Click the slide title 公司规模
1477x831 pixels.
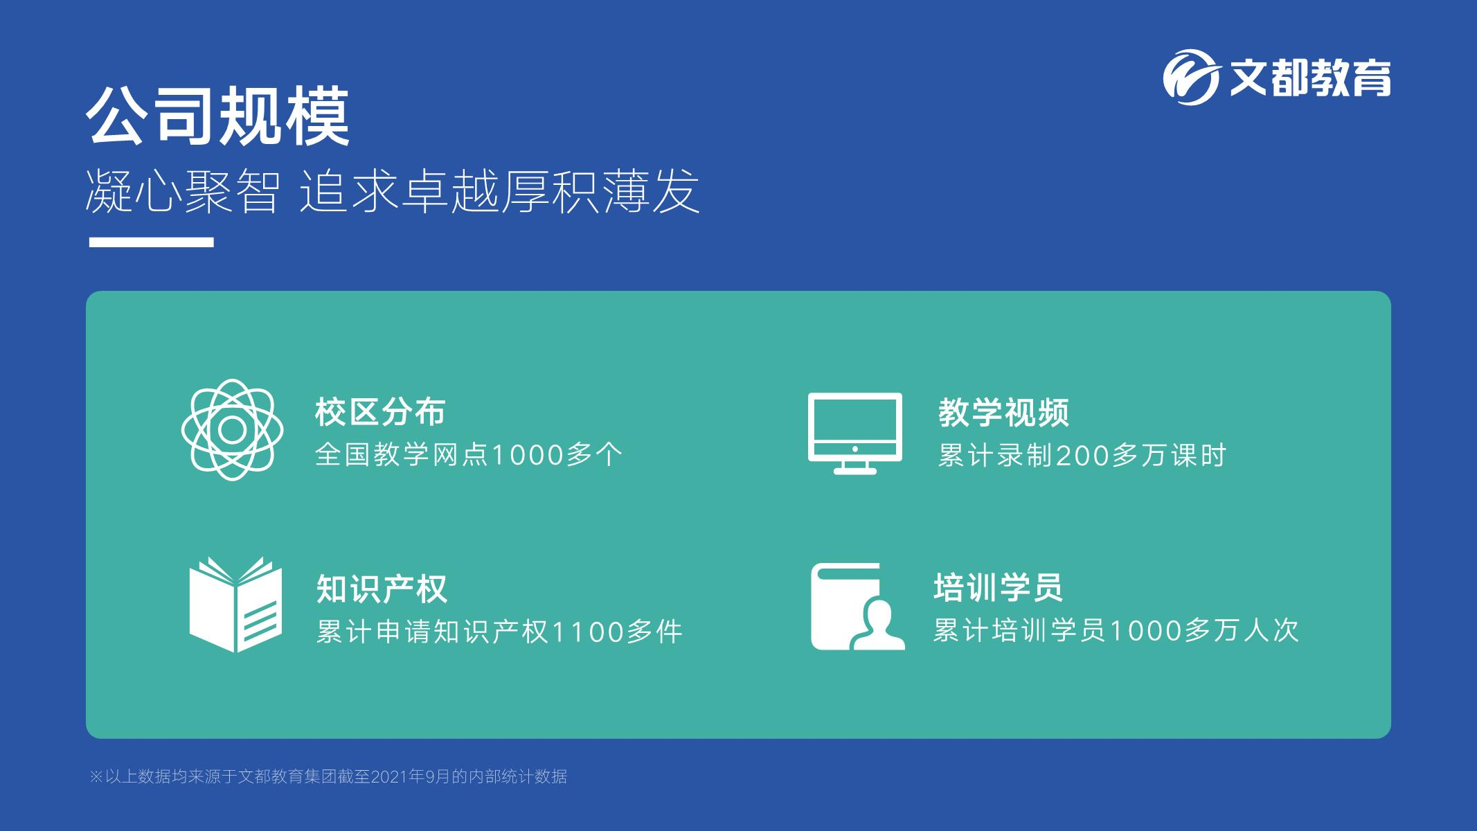[218, 117]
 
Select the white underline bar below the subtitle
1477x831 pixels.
[151, 242]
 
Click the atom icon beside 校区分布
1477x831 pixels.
[233, 430]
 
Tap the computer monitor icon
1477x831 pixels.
[855, 434]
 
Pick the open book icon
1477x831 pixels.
[235, 605]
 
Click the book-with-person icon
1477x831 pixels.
[858, 606]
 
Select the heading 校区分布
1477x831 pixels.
[380, 412]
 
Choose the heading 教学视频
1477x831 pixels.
[1003, 413]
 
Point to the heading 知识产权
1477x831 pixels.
[382, 589]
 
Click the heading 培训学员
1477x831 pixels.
[998, 587]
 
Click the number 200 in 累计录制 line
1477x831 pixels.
[1084, 456]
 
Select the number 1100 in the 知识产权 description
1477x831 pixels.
[587, 632]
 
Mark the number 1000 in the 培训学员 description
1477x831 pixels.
[1147, 631]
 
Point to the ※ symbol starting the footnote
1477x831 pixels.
[96, 777]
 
